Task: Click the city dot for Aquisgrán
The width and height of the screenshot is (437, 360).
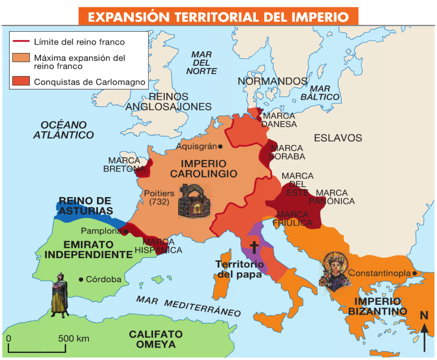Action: tap(220, 147)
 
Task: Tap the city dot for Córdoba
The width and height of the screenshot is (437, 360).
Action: tap(81, 279)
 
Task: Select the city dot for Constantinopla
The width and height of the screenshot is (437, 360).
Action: tap(414, 273)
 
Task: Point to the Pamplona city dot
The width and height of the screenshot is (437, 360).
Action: tap(126, 232)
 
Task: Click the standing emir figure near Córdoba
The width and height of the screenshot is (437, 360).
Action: tap(60, 295)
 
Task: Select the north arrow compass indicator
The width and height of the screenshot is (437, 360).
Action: tap(424, 334)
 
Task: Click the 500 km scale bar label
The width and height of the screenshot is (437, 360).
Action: tap(73, 339)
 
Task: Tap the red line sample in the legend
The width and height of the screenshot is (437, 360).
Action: tap(21, 41)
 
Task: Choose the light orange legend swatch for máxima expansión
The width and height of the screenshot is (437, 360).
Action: tap(21, 58)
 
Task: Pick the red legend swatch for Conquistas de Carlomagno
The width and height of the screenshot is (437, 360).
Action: tap(21, 81)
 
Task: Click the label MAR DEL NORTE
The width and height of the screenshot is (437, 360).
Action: tap(201, 63)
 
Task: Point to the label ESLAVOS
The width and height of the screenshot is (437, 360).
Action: tap(338, 138)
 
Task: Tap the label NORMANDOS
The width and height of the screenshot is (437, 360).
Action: tap(272, 81)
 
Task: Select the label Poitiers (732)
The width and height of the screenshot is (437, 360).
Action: tap(159, 197)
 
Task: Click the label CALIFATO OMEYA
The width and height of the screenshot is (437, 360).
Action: tap(156, 339)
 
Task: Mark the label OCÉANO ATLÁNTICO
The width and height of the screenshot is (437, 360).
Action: tap(64, 130)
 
